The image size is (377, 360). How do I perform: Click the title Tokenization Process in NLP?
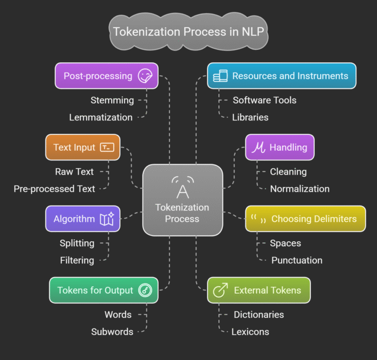tap(188, 31)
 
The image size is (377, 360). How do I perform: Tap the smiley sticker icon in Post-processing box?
tap(145, 76)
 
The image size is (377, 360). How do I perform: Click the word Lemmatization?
tap(101, 117)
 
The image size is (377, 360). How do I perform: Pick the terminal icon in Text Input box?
tap(107, 147)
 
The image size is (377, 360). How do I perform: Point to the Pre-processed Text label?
tap(55, 189)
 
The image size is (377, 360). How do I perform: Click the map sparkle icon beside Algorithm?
tap(107, 219)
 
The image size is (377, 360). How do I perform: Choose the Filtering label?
tap(77, 260)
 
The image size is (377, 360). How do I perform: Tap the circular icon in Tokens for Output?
tap(145, 291)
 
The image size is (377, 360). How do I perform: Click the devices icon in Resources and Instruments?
tap(220, 76)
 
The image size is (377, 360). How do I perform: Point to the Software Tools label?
tap(265, 100)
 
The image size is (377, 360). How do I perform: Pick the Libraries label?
tap(250, 117)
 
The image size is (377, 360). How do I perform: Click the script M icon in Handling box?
tap(258, 147)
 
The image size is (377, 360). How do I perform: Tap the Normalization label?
tap(300, 189)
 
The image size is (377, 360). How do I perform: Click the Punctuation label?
tap(297, 260)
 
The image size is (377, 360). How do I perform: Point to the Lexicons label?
tap(250, 332)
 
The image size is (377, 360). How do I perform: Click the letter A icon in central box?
tap(183, 188)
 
